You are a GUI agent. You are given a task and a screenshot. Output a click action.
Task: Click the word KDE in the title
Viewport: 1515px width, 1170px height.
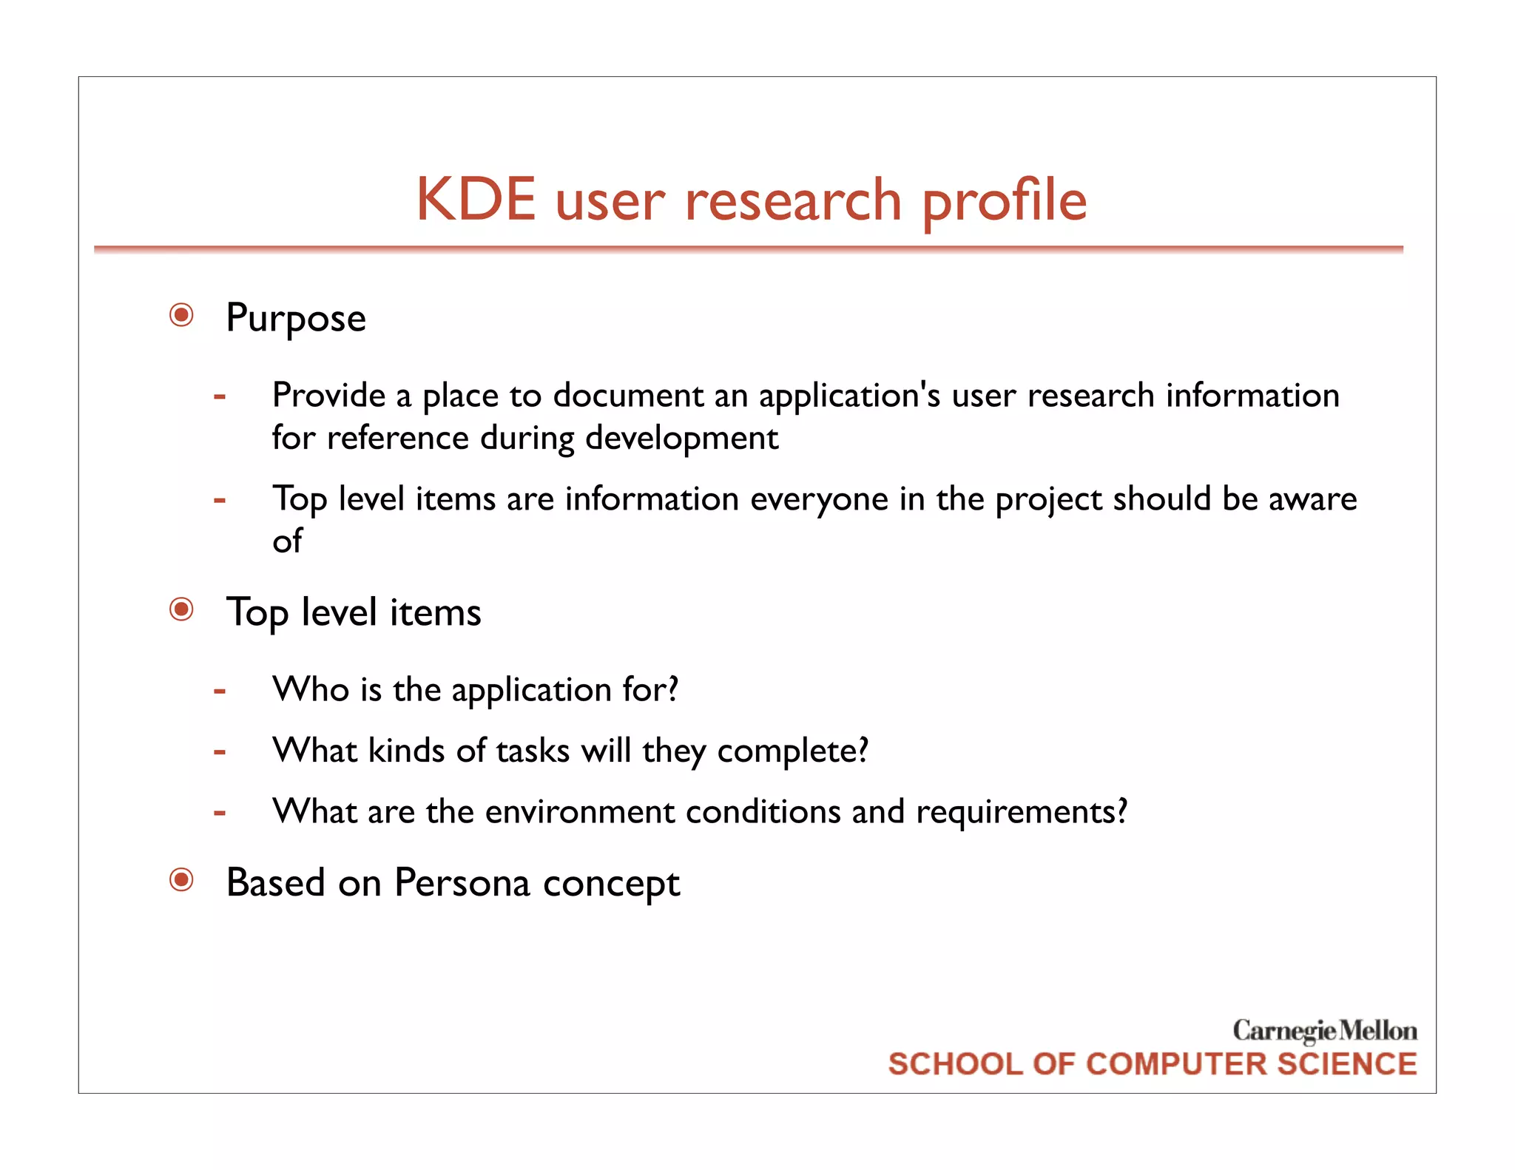click(476, 200)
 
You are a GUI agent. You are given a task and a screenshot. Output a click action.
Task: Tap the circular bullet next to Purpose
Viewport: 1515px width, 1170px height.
click(181, 315)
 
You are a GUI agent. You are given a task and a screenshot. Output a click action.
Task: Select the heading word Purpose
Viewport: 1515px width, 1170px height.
click(296, 318)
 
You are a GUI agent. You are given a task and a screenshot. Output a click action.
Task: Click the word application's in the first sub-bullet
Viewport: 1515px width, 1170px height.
click(849, 396)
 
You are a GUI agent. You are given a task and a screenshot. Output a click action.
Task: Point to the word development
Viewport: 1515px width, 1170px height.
click(681, 438)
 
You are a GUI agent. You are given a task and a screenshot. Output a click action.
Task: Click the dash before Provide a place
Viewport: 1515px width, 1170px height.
click(219, 396)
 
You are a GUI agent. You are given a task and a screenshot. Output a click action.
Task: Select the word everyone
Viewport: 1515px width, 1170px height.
click(819, 499)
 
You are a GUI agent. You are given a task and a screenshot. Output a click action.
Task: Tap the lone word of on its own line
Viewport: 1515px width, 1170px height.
click(287, 541)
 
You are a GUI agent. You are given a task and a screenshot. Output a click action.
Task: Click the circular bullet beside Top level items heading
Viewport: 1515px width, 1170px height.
click(181, 609)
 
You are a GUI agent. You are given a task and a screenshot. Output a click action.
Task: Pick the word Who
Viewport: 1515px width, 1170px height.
click(311, 689)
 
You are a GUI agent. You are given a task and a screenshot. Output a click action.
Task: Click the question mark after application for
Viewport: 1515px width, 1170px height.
click(672, 689)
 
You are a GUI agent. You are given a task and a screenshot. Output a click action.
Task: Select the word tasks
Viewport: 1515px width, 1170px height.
click(533, 751)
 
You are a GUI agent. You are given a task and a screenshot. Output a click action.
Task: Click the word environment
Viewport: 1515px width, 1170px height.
click(579, 812)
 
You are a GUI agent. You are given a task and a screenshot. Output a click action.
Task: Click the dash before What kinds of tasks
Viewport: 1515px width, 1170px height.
click(219, 752)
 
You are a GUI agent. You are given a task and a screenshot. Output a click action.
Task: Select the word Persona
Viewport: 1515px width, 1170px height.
click(462, 882)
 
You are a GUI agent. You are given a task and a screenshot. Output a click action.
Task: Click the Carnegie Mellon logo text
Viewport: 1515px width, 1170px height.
click(1324, 1030)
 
